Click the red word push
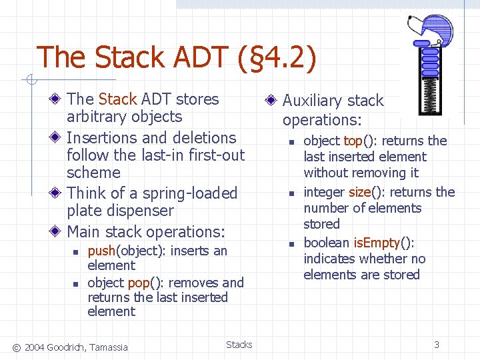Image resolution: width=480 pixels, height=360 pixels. pyautogui.click(x=101, y=251)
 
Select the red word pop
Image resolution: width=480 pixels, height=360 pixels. pyautogui.click(x=138, y=283)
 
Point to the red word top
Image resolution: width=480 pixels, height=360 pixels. pyautogui.click(x=352, y=141)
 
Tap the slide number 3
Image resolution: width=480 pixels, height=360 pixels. pyautogui.click(x=437, y=345)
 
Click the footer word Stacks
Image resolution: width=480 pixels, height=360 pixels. pyautogui.click(x=239, y=345)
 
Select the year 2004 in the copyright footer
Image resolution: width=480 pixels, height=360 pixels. pyautogui.click(x=35, y=346)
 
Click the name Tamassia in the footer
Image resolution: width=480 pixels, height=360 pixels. pyautogui.click(x=109, y=346)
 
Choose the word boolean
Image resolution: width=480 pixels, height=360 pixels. pyautogui.click(x=326, y=243)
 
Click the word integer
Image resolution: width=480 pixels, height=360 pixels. pyautogui.click(x=324, y=192)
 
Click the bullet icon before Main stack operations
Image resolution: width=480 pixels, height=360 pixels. pyautogui.click(x=57, y=232)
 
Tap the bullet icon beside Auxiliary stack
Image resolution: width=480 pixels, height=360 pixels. pyautogui.click(x=271, y=101)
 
